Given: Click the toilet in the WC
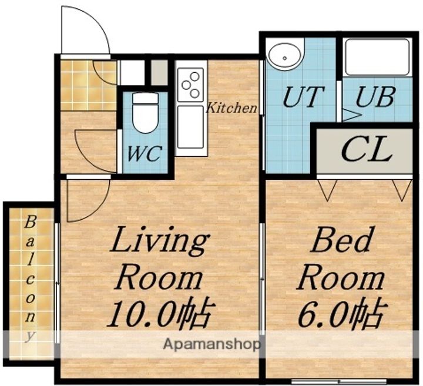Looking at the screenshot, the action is point(146,113).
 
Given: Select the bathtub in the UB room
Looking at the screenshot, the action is point(377,58).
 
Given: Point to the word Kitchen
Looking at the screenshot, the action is point(231,108).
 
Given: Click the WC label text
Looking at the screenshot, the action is point(145,153).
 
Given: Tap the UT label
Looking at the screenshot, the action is point(303,96).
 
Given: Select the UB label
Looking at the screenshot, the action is point(375,96).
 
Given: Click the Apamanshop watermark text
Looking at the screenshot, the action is point(212,344).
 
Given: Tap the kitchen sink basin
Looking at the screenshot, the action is point(190,127).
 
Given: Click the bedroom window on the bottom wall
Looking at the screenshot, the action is point(339,381).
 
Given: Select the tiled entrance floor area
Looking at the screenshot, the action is point(88,86).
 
